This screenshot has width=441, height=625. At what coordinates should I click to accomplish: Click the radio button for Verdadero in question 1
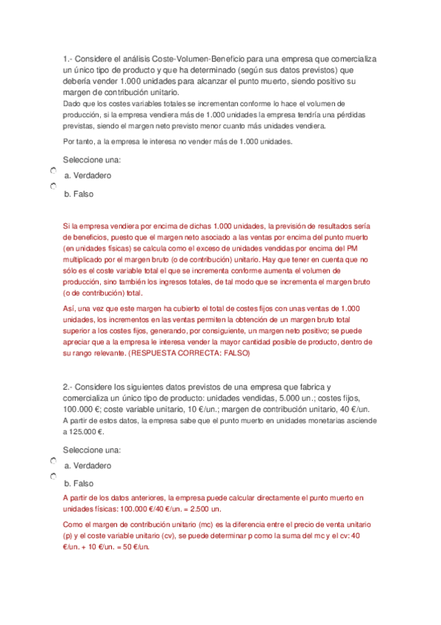click(54, 171)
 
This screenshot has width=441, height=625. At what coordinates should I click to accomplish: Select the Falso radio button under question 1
click(54, 189)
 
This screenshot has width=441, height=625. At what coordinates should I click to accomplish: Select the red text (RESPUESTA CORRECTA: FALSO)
click(189, 354)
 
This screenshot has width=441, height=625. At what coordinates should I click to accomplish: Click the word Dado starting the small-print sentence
click(71, 104)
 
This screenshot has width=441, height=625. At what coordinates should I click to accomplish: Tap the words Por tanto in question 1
click(80, 142)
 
